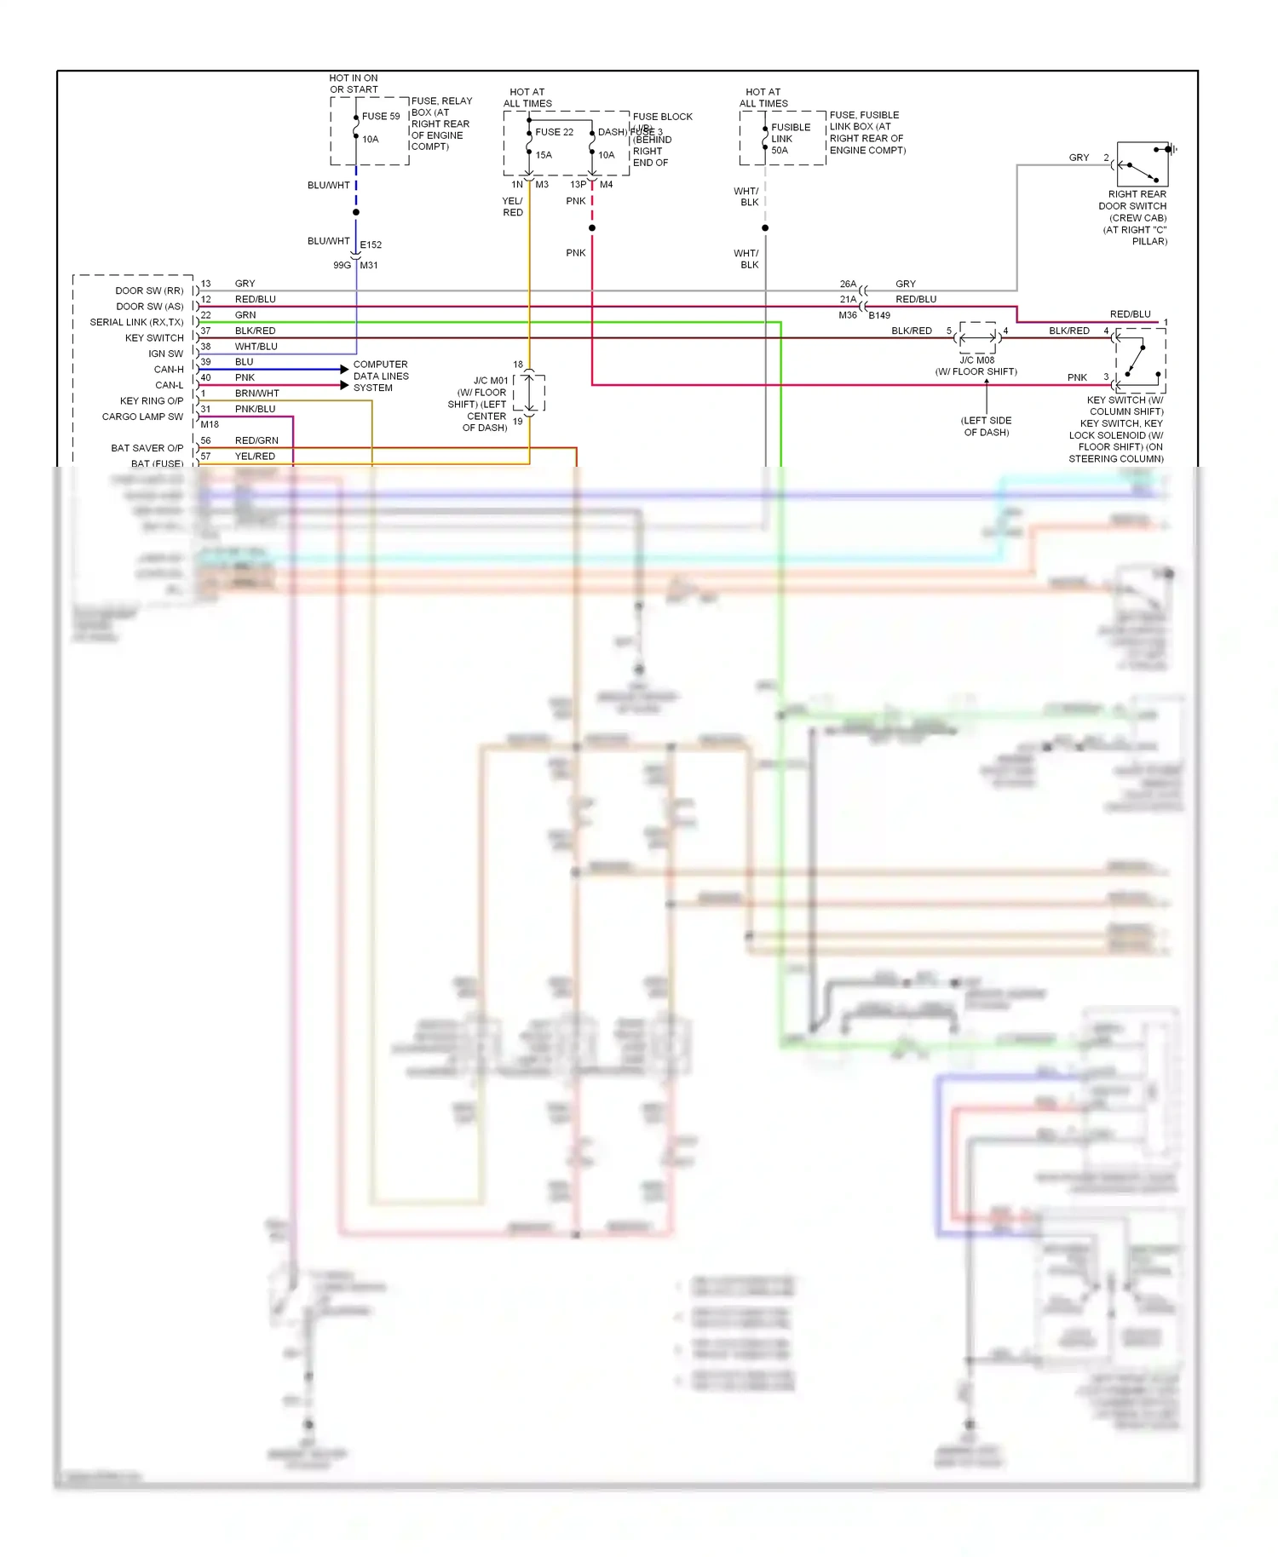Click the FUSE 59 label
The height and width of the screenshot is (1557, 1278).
point(380,117)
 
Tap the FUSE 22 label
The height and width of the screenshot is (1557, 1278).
point(554,132)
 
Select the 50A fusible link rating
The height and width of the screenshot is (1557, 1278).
point(780,151)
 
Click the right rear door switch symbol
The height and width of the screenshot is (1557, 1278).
point(1142,164)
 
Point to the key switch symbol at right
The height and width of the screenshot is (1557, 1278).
point(1140,359)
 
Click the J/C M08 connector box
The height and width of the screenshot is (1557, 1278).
point(977,337)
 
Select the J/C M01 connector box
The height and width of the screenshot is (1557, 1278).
point(529,393)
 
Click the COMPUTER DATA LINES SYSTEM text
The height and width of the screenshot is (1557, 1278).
point(380,376)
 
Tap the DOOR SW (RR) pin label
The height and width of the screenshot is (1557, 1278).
point(149,290)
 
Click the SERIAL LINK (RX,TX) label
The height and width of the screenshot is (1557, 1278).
point(136,322)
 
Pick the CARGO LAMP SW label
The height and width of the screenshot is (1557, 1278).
point(142,417)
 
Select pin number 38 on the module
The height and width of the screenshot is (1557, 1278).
point(205,347)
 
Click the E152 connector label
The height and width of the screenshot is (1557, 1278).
point(371,244)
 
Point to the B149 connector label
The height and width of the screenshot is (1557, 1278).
point(879,315)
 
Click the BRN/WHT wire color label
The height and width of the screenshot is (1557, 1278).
point(256,394)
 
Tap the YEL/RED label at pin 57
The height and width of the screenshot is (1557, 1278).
point(255,457)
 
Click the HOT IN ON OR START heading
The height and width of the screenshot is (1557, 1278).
point(354,83)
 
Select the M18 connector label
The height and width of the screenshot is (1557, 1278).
point(210,424)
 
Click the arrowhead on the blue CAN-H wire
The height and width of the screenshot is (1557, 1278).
point(344,369)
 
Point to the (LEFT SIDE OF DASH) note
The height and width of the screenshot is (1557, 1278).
point(986,426)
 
